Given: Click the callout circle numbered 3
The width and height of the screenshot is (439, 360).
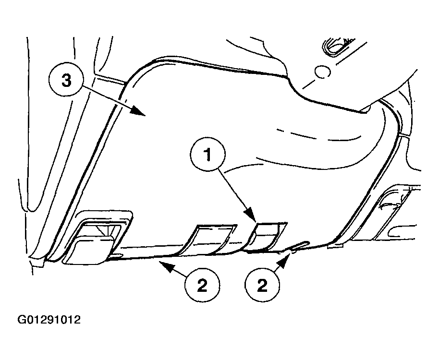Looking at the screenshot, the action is tap(66, 81).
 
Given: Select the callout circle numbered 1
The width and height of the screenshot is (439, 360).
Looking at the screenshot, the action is tap(207, 154).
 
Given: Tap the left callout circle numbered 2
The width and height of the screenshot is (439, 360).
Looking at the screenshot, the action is tap(202, 285).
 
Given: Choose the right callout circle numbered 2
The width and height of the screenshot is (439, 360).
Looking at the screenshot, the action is tap(262, 285).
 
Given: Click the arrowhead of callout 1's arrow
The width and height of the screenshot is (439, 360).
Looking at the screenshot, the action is tap(251, 216).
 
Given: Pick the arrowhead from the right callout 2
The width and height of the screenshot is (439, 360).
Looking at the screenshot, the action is tap(284, 259).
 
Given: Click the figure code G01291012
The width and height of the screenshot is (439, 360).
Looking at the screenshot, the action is tap(49, 320).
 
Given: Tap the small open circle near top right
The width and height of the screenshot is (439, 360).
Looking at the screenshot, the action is tap(322, 72).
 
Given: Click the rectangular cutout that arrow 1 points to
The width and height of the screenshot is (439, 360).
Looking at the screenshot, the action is tap(266, 235).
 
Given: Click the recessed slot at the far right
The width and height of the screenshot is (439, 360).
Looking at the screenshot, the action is tap(392, 213).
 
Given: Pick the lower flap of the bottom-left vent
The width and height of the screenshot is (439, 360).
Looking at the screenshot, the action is tap(89, 250).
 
